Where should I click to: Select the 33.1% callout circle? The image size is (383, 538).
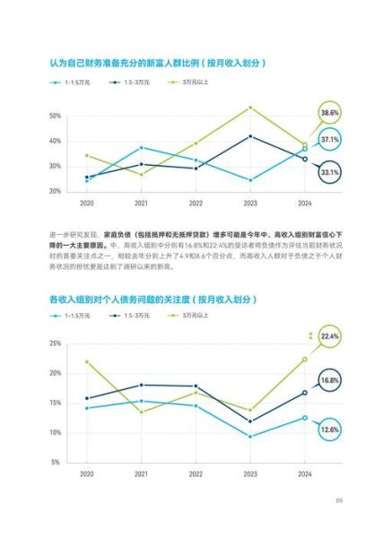tap(329, 171)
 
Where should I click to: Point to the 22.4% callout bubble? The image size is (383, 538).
tap(330, 336)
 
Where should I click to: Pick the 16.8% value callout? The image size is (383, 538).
tap(330, 380)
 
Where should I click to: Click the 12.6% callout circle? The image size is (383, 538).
tap(330, 430)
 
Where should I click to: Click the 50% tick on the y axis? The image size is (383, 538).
tap(55, 117)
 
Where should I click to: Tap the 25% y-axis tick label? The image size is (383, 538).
tap(55, 343)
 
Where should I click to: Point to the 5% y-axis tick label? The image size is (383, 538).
tap(57, 462)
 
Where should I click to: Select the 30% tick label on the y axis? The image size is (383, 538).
tap(55, 167)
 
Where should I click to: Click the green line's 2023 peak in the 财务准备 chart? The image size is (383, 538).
tap(250, 108)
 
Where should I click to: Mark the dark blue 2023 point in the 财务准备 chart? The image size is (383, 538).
tap(250, 136)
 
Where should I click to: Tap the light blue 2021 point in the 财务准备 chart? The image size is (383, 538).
tap(141, 147)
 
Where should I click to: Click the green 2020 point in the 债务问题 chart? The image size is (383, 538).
tap(87, 361)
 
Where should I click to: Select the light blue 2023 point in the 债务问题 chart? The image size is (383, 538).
tap(250, 437)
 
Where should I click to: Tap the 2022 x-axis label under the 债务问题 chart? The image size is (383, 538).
tap(196, 473)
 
